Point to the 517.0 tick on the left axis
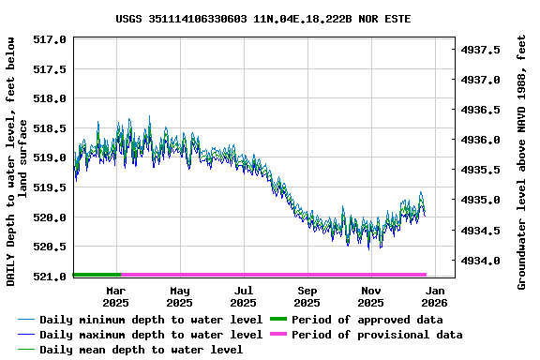[x=50, y=39]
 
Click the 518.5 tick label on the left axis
[x=50, y=128]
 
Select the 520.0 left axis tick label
[x=50, y=217]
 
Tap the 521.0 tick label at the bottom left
[x=50, y=277]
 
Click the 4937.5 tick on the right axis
[x=485, y=49]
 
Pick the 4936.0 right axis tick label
[x=485, y=140]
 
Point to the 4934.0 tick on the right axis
[x=485, y=261]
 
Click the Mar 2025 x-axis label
[x=115, y=297]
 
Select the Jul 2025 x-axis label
[x=243, y=297]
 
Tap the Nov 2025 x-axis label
[x=370, y=297]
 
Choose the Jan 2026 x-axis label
[x=434, y=297]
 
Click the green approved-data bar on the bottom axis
[x=97, y=275]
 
